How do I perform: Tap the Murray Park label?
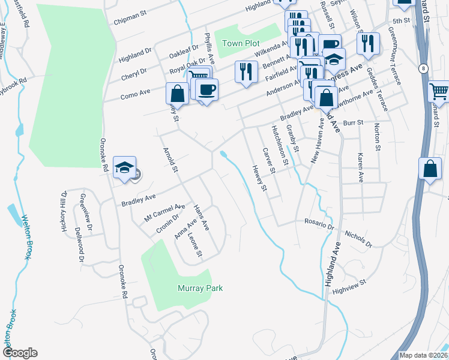200,289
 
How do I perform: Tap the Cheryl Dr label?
133,73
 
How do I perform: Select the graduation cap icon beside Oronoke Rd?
125,167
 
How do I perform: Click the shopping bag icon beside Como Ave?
177,94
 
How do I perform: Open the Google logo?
19,353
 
